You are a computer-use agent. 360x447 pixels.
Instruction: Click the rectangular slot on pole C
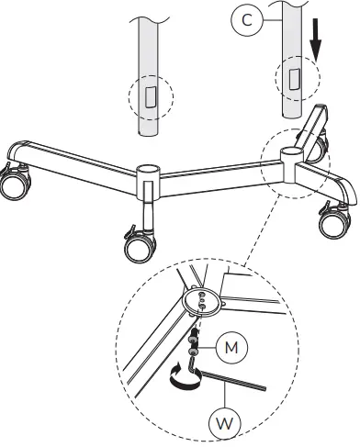293,79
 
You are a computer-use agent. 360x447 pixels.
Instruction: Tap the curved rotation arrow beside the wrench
180,373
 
